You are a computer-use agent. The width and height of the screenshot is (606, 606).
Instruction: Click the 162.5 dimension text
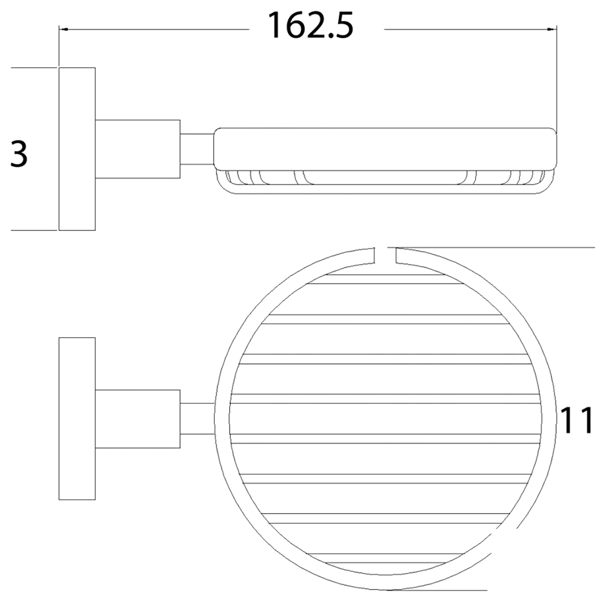pyautogui.click(x=310, y=26)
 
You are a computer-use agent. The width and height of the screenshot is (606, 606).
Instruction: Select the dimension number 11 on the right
pyautogui.click(x=577, y=421)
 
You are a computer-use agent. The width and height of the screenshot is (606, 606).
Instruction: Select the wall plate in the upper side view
pyautogui.click(x=77, y=149)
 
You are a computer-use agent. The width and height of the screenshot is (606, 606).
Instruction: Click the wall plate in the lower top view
pyautogui.click(x=77, y=419)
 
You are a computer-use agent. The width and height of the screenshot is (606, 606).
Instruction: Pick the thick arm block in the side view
pyautogui.click(x=138, y=149)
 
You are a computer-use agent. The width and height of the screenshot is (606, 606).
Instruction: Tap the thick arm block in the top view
pyautogui.click(x=138, y=419)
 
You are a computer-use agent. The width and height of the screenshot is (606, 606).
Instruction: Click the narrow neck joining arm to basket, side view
pyautogui.click(x=197, y=149)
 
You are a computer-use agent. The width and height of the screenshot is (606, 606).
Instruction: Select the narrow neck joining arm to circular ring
pyautogui.click(x=197, y=419)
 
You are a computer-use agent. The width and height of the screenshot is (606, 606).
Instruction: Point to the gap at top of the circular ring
pyautogui.click(x=386, y=255)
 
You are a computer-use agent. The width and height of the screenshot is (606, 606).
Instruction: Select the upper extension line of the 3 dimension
pyautogui.click(x=33, y=68)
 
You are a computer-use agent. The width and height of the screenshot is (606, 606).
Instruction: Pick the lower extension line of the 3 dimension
pyautogui.click(x=33, y=230)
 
